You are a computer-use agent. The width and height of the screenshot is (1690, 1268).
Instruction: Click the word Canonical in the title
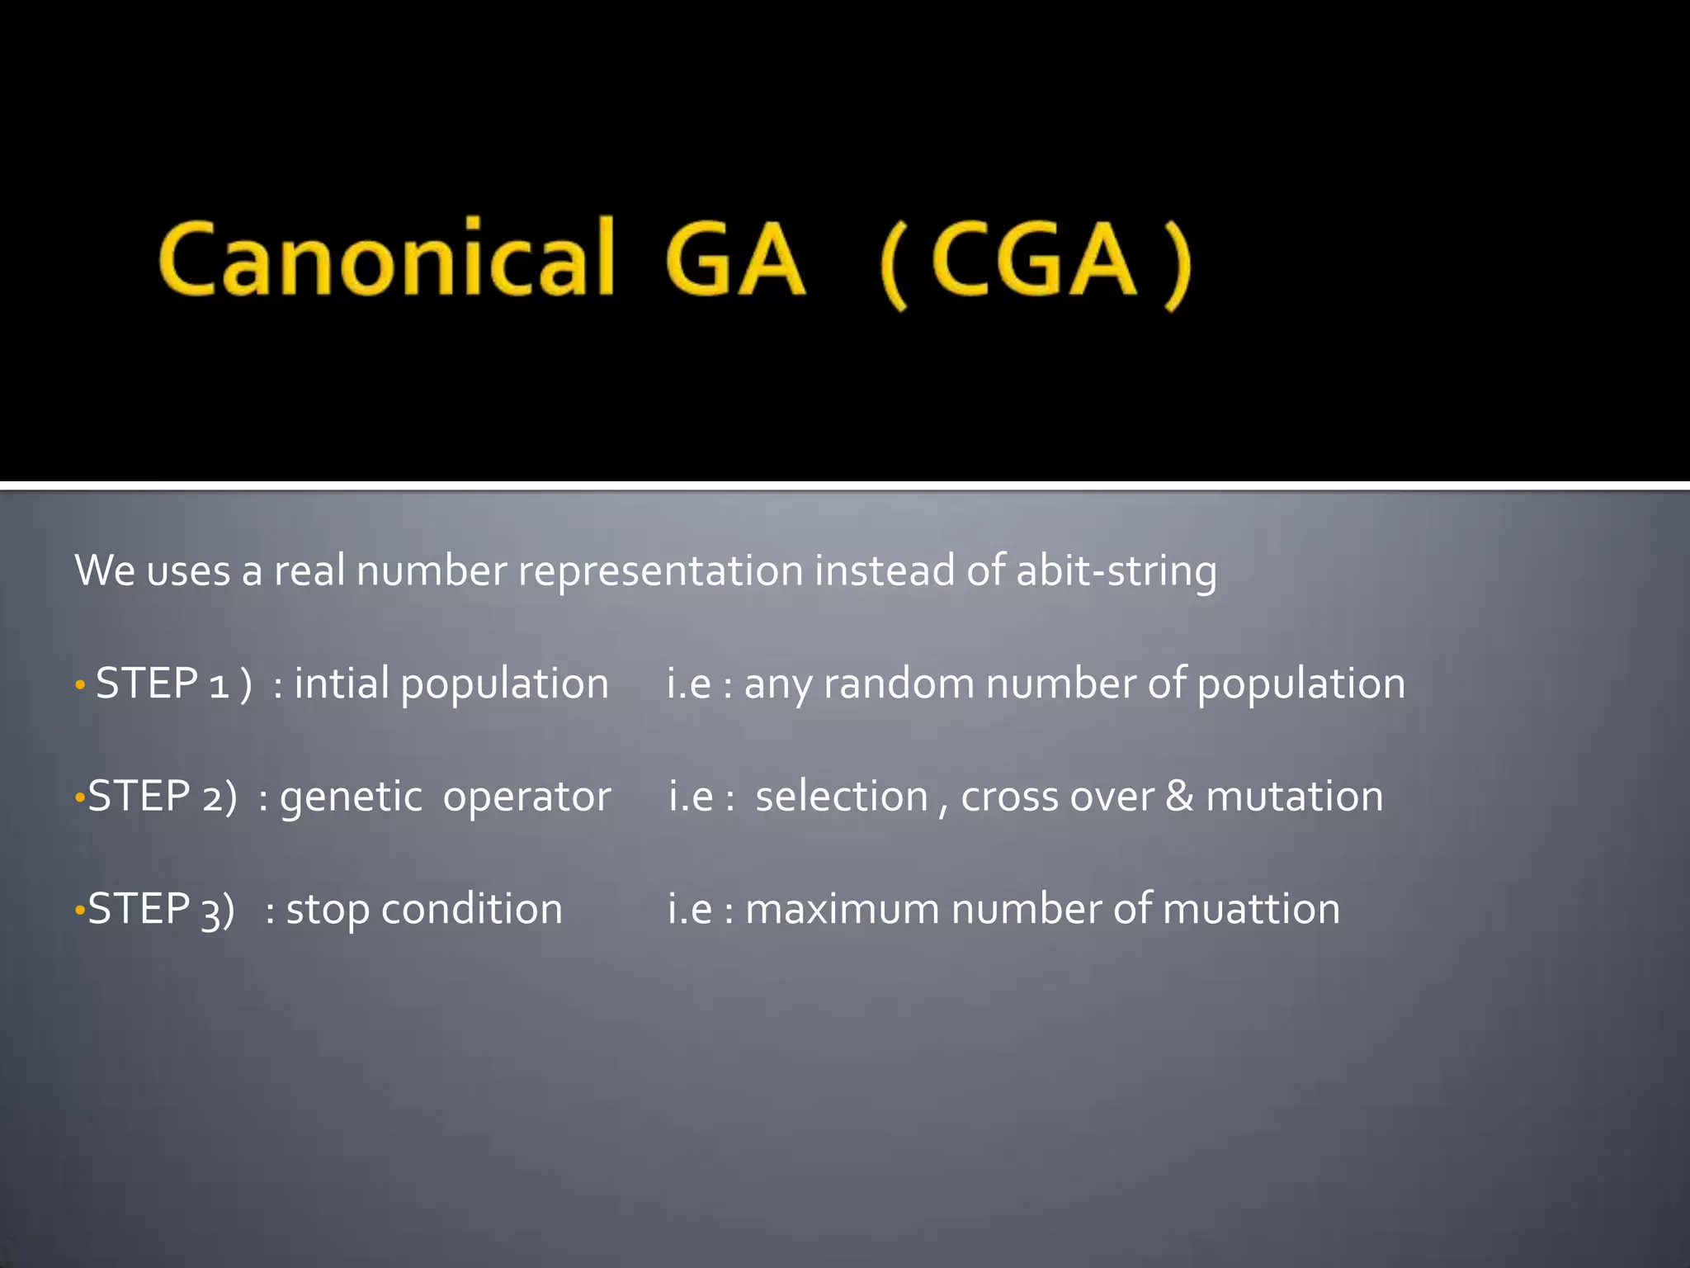click(x=387, y=258)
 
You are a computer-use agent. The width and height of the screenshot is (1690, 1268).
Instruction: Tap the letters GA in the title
click(x=734, y=258)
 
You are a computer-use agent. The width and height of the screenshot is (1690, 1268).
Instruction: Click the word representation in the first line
click(x=660, y=571)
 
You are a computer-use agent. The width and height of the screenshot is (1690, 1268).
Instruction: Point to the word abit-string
click(x=1116, y=571)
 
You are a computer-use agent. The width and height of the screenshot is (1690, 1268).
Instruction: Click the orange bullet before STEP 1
click(x=80, y=685)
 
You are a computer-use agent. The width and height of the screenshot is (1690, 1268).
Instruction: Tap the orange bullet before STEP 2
click(x=79, y=798)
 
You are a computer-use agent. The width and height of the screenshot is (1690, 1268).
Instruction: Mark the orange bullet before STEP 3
click(x=79, y=911)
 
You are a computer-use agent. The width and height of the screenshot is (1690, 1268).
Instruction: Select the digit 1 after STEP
click(x=219, y=685)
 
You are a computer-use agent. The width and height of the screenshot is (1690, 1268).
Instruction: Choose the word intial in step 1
click(x=341, y=684)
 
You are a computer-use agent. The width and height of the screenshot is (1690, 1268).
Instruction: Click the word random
click(x=899, y=684)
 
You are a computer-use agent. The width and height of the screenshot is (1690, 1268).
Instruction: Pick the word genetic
click(x=351, y=797)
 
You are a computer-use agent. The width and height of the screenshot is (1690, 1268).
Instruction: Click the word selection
click(x=842, y=797)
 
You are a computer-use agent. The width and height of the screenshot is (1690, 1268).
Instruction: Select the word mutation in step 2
click(x=1294, y=797)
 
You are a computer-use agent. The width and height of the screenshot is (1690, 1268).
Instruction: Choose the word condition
click(x=472, y=909)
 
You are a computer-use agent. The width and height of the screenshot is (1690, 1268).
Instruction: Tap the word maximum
click(x=842, y=909)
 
